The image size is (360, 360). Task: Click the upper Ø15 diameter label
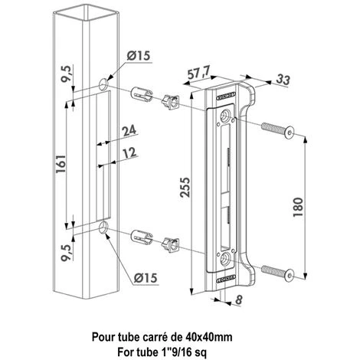139,56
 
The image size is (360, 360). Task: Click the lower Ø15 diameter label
146,277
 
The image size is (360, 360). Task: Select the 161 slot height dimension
61,164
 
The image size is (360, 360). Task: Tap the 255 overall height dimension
185,187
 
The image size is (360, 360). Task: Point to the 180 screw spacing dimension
298,207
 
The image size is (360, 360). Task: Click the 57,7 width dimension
198,74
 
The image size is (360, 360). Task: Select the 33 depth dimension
283,79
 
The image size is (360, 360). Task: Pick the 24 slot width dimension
129,130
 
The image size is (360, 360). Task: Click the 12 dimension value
129,152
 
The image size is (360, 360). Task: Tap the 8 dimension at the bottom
239,300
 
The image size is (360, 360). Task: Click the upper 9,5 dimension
66,74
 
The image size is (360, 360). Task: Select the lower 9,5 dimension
66,253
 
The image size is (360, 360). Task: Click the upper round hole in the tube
103,84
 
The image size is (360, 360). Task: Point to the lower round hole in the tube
103,227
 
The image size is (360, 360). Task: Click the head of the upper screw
290,133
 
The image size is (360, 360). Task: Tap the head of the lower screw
290,276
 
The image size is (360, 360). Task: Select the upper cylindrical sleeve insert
142,94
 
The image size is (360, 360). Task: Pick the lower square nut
170,245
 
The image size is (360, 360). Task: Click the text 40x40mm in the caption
208,337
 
